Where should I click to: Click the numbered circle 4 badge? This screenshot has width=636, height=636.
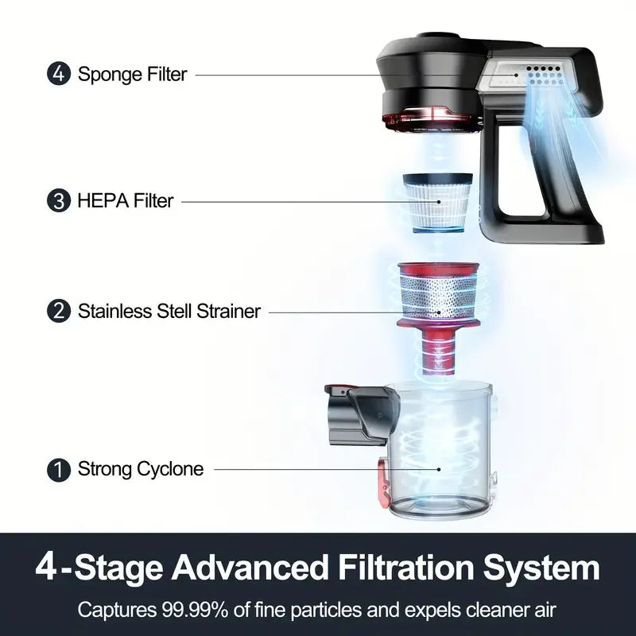(59, 74)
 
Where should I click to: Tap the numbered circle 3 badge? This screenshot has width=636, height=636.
(59, 200)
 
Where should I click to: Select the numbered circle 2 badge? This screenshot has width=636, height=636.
(59, 311)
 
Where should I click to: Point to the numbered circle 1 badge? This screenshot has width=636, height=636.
(59, 469)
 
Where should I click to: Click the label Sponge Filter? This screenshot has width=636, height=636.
(132, 74)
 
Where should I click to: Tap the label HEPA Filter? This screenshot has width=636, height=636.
(126, 201)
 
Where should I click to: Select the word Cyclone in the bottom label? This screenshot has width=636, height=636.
(170, 469)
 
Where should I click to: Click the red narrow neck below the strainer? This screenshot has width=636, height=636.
(439, 351)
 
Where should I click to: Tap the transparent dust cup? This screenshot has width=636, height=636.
(440, 450)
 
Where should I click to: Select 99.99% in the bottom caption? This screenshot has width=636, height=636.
(195, 610)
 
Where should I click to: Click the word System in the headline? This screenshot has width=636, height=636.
(541, 568)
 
